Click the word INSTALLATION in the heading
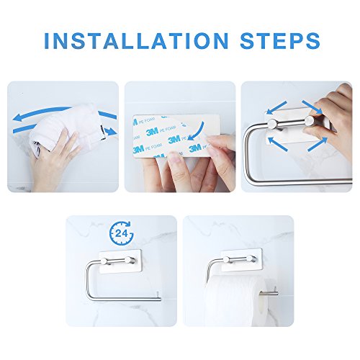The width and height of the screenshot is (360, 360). pos(136,40)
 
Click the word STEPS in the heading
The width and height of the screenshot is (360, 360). pos(280,40)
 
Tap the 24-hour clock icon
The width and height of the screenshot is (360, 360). pos(122,233)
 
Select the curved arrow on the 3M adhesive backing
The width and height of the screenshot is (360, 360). pos(197,132)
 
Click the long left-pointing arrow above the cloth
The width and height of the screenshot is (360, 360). pos(42,113)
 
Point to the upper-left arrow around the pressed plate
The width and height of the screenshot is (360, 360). pos(276,107)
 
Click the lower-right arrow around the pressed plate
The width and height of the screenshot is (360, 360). pos(318,144)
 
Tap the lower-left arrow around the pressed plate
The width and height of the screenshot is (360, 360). pos(277,143)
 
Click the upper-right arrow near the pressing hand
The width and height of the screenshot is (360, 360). pos(312,107)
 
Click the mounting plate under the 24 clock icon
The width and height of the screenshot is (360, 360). pos(120,262)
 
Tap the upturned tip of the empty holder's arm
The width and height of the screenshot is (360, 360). pos(158,293)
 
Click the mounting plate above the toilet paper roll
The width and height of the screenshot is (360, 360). pos(241,261)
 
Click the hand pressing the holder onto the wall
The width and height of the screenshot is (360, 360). pos(333,120)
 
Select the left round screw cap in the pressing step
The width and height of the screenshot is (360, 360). pos(272,124)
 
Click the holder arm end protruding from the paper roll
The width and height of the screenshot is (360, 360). pos(269,292)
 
